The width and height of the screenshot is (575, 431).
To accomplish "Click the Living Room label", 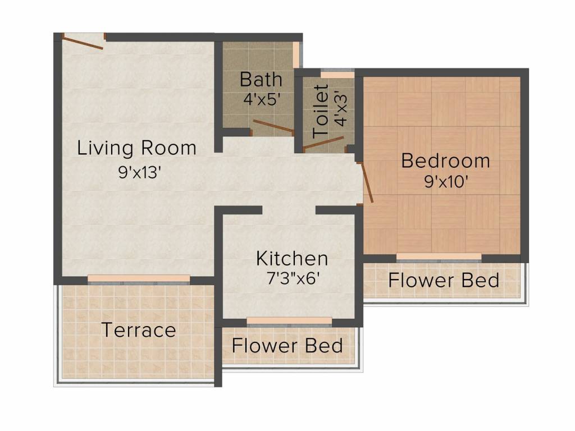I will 137,148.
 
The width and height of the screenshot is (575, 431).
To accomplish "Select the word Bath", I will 261,79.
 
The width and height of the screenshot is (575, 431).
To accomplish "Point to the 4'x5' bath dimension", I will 262,99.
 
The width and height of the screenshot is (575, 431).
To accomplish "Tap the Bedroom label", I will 445,161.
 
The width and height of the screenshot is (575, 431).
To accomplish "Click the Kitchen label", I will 292,259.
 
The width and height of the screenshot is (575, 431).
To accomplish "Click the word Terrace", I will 139,330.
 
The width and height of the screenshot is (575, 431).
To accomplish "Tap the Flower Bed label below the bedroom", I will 444,279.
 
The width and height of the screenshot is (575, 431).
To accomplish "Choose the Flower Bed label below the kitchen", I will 287,345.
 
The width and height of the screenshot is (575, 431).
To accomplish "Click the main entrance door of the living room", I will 83,43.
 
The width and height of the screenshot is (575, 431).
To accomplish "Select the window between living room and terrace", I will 139,279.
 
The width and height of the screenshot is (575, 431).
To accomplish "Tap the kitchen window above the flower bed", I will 289,321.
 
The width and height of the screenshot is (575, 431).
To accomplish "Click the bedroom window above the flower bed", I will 439,258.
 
